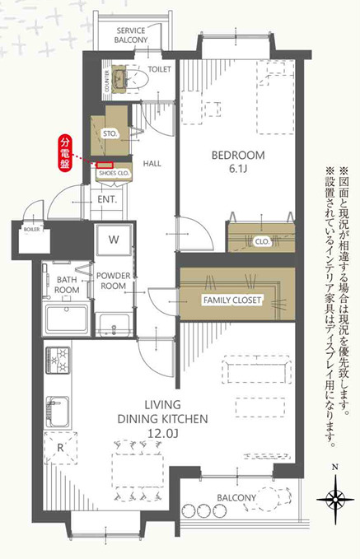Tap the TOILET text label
coord(158,70)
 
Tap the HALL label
coord(152,164)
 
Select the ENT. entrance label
coord(107,199)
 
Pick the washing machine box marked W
coord(113,241)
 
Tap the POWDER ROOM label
coord(114,280)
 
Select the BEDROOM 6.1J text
coord(237,161)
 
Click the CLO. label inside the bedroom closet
coord(262,242)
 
